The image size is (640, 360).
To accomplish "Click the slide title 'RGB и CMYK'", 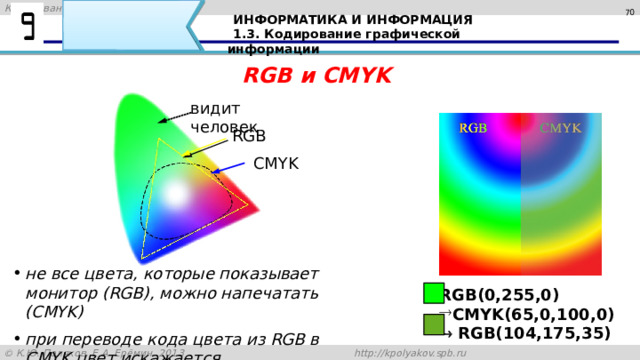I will click(318, 76).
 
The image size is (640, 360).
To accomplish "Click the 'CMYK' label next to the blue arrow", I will click(274, 163).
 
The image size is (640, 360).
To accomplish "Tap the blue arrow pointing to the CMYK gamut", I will click(227, 167).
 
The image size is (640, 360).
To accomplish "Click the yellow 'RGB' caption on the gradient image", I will click(473, 128).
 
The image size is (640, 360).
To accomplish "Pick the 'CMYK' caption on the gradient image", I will click(560, 128).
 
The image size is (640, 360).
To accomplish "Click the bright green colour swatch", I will click(433, 293).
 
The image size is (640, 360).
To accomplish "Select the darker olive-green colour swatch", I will click(433, 324).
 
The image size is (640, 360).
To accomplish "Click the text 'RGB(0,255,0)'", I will click(499, 295).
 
